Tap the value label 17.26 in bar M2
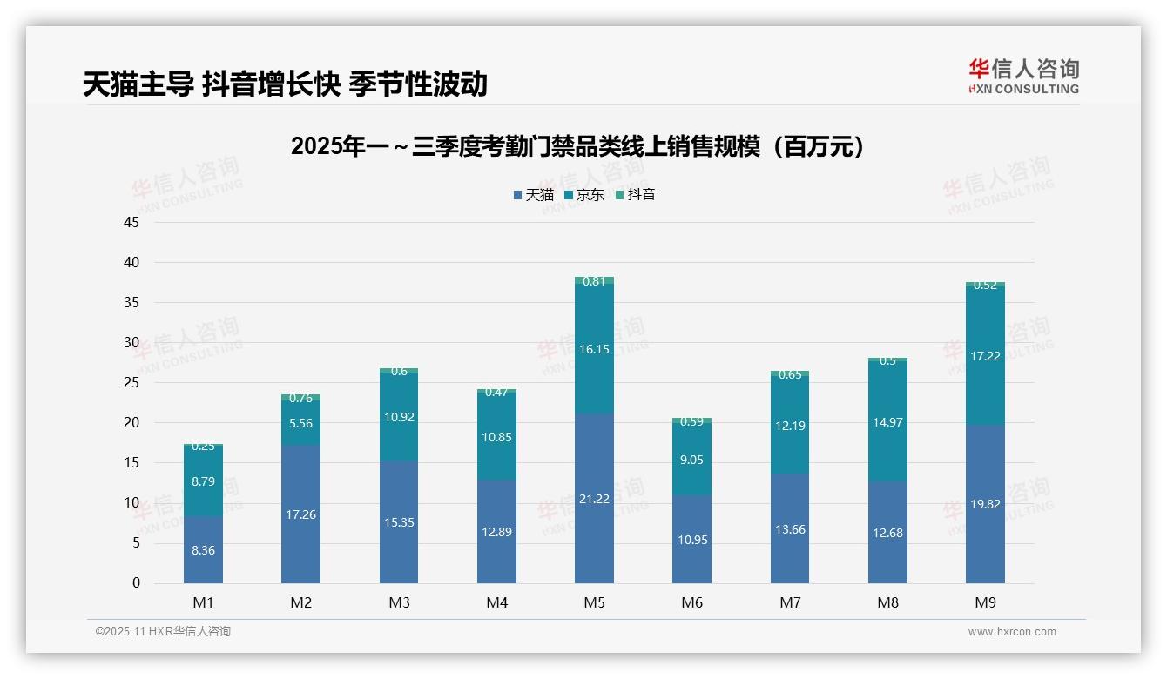pos(300,514)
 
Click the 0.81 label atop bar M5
pos(594,281)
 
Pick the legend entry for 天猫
pos(534,195)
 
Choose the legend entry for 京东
pos(584,195)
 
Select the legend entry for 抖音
pos(636,195)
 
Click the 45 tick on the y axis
pos(132,222)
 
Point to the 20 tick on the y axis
pos(132,422)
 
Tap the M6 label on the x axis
pos(691,602)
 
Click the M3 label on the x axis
pos(399,602)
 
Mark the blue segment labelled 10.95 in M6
pos(691,540)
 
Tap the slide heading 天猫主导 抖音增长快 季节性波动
pos(285,84)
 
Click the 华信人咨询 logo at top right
pos(1023,76)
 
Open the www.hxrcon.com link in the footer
pos(1012,632)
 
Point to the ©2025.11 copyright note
pos(163,632)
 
